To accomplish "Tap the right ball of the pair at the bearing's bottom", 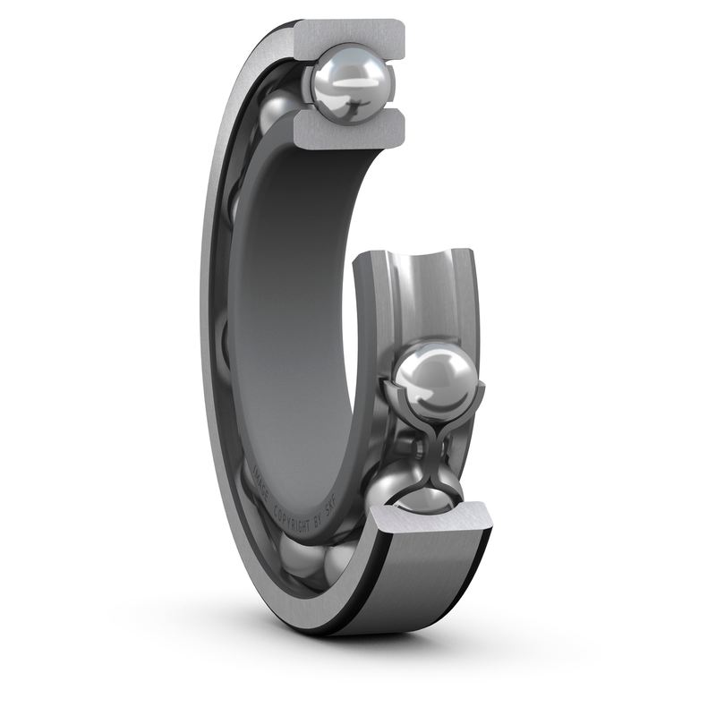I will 338,559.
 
